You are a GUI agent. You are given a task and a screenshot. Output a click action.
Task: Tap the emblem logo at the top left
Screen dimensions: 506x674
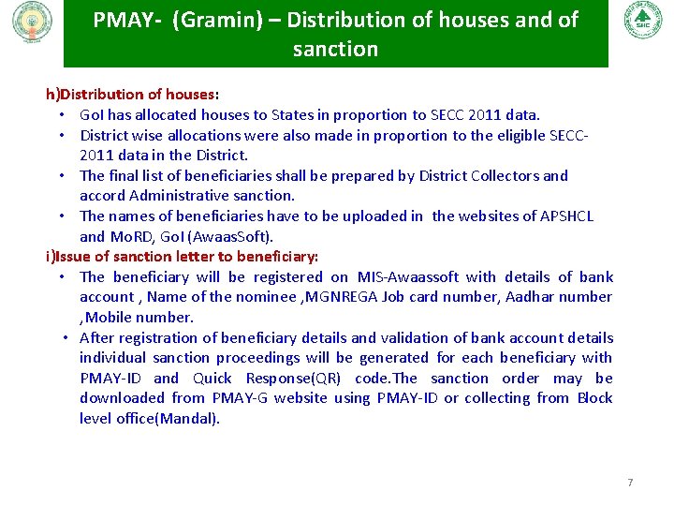tap(33, 21)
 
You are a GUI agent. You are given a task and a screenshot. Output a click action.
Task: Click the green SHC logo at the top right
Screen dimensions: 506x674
tap(642, 19)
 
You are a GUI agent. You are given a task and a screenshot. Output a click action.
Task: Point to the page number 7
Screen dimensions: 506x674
tap(630, 483)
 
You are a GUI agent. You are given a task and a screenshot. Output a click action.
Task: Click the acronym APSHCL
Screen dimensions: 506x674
tap(566, 216)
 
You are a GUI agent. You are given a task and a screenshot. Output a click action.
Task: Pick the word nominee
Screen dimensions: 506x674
tap(271, 297)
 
